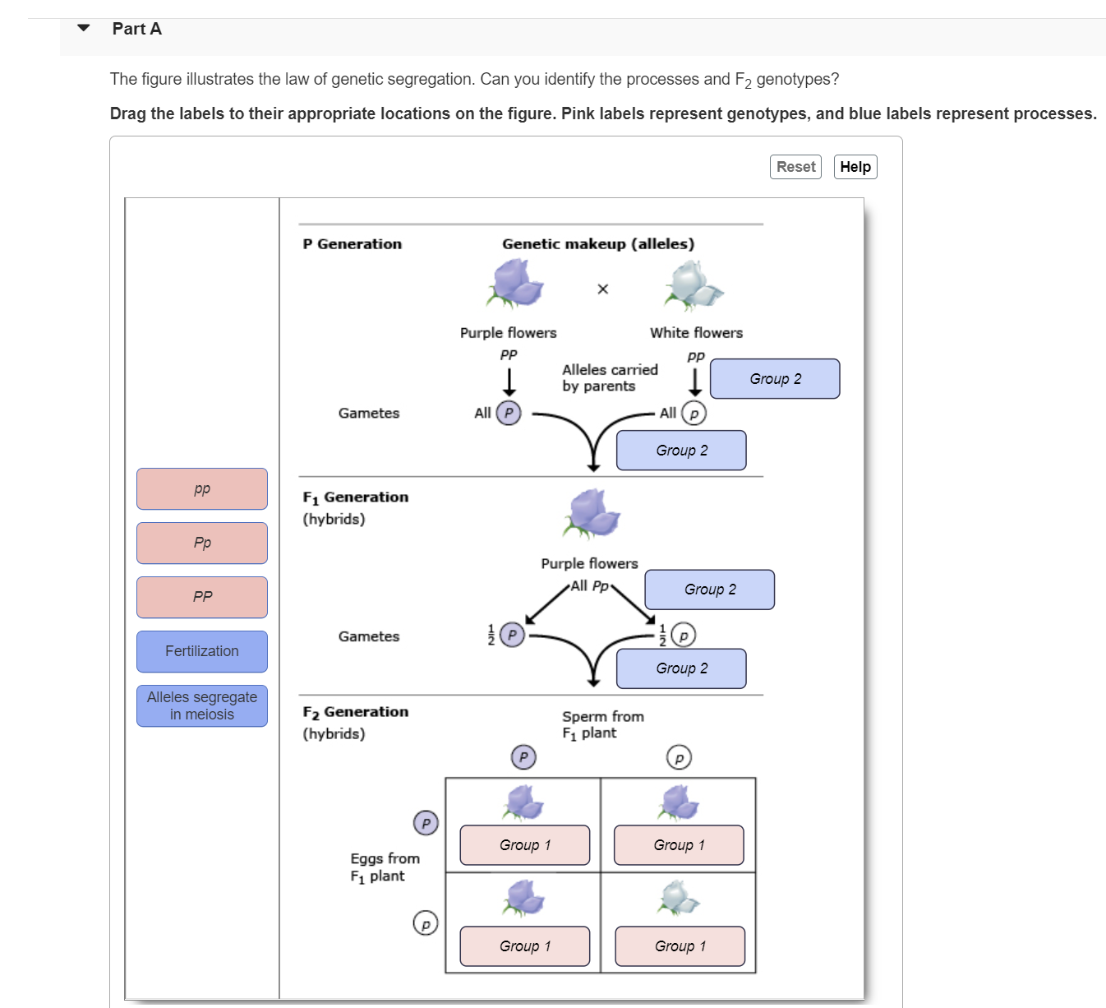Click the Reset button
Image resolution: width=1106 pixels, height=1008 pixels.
(795, 167)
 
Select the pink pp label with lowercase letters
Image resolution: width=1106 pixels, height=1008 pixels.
(202, 489)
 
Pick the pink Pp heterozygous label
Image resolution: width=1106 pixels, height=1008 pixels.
(202, 543)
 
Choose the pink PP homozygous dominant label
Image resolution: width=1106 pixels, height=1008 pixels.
(202, 597)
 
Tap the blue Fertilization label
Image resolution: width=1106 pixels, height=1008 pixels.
(202, 651)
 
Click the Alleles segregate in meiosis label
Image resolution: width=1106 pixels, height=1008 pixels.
(202, 705)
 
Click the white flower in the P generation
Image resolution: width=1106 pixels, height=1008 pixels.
(694, 284)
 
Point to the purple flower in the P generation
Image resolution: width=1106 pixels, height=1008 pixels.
(515, 283)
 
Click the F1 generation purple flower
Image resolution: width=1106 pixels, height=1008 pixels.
(591, 513)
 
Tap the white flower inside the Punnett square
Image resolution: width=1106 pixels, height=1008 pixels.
(678, 897)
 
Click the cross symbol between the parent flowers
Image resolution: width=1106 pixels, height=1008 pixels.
(602, 289)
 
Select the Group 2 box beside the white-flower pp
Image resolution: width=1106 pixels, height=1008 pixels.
(775, 379)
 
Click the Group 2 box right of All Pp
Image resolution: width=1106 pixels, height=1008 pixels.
(710, 590)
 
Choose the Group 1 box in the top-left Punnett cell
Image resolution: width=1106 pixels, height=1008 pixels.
(525, 845)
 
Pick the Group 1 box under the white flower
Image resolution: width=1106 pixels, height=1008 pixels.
(680, 946)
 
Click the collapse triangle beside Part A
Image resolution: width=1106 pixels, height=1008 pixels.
(84, 28)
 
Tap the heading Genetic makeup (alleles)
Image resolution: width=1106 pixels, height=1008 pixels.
(598, 244)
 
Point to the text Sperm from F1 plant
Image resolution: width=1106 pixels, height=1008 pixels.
(602, 724)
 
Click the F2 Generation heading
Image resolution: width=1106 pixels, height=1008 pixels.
(355, 712)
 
